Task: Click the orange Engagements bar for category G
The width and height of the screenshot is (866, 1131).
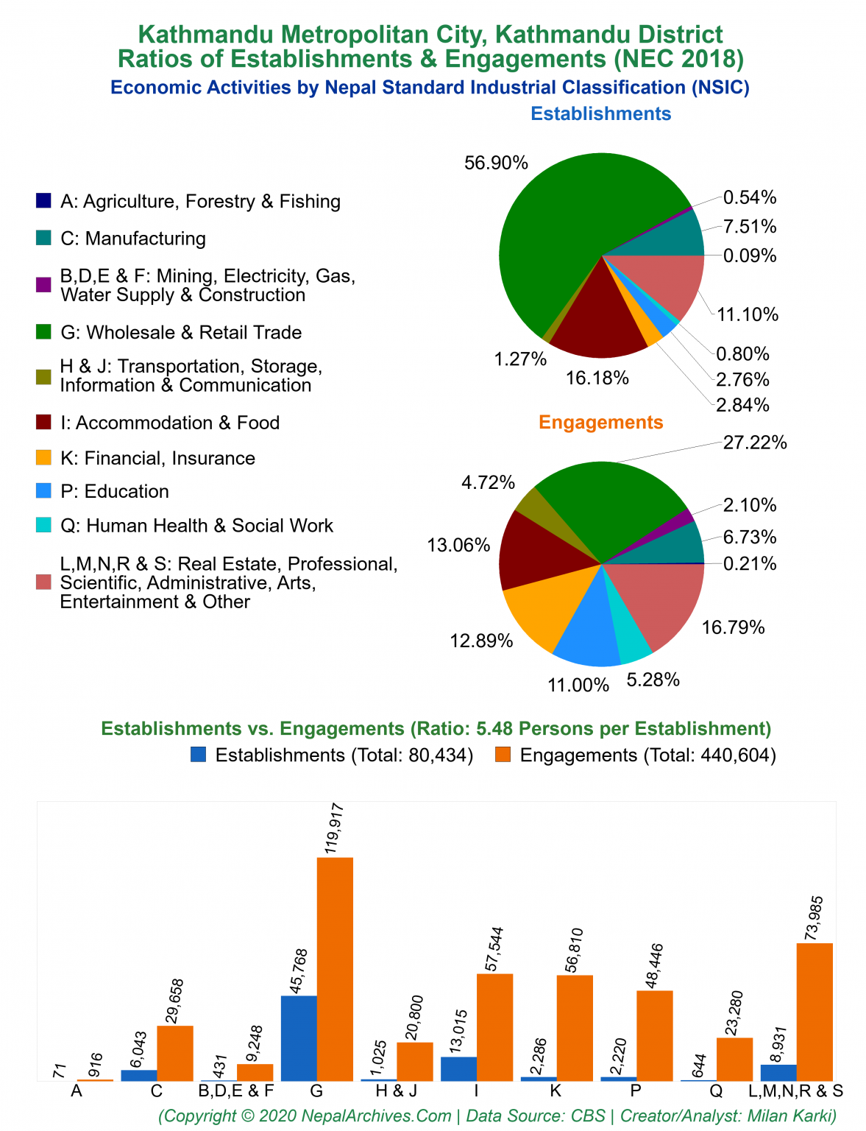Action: (335, 968)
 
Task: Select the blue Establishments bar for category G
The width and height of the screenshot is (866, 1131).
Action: (299, 1037)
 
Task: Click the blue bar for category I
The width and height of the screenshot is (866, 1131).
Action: (458, 1068)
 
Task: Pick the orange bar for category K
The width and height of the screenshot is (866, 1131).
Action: (575, 1027)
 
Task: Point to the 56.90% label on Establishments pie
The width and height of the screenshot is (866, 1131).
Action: (496, 163)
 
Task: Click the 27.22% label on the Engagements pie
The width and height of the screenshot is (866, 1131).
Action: (755, 443)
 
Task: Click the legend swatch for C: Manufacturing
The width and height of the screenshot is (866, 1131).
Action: (44, 239)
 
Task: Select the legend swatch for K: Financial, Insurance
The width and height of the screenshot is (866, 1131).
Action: (44, 458)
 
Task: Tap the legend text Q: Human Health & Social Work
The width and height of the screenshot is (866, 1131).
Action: (196, 526)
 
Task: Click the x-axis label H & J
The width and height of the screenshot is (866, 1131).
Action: (396, 1091)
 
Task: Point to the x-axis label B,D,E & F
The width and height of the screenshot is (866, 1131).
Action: (236, 1091)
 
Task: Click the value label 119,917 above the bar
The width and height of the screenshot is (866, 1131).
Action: (335, 828)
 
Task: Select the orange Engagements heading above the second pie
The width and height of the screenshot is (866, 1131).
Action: (600, 423)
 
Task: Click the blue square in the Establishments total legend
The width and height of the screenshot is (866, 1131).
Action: (198, 755)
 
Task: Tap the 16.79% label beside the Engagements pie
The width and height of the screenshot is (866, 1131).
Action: (733, 627)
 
